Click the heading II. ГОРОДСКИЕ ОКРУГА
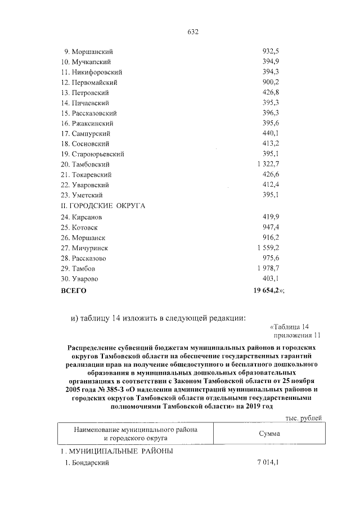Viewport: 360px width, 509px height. (103, 206)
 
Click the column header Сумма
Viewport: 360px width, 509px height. (269, 435)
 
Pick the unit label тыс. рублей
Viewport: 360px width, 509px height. (304, 418)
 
